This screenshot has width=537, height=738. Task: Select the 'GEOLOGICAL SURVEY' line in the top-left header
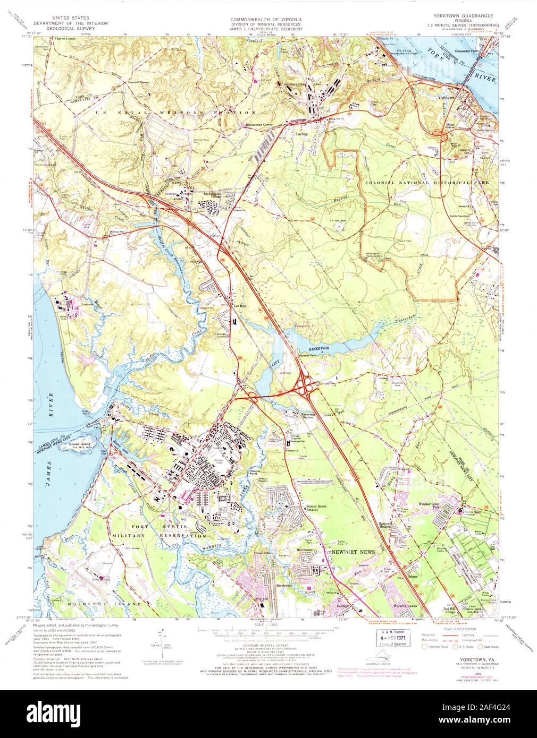70,28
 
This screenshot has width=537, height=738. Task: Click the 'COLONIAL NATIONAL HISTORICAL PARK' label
417,183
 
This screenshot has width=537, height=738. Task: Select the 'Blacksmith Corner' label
259,125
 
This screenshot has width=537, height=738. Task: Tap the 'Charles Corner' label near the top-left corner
68,39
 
